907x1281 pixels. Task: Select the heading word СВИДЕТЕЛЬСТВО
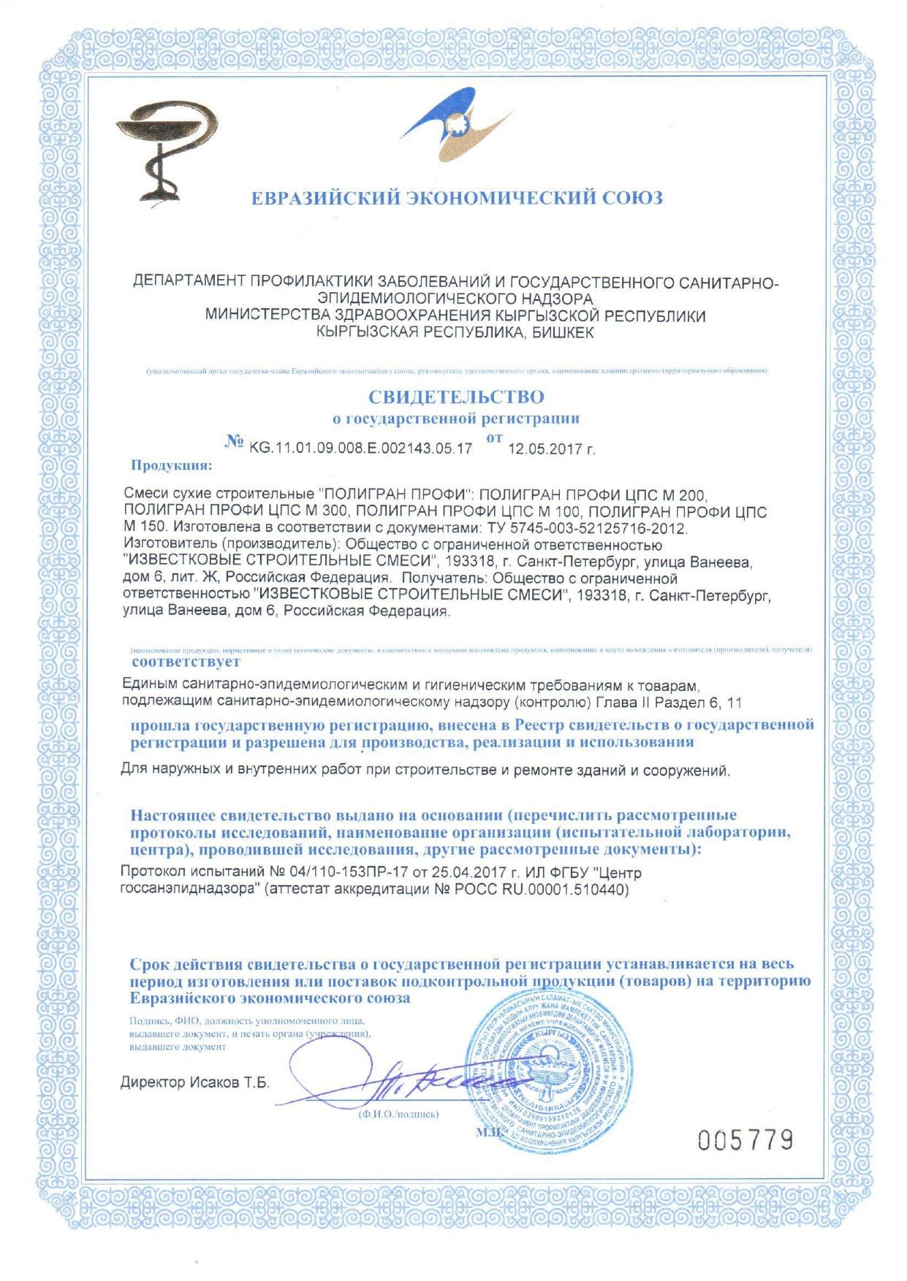456,398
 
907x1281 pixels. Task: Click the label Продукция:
172,465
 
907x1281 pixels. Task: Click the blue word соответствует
186,662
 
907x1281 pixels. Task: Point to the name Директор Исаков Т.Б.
194,1082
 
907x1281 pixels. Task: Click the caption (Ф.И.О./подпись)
398,1114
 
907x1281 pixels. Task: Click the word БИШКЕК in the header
563,333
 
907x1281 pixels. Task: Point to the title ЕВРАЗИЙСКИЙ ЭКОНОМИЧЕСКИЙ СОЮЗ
457,198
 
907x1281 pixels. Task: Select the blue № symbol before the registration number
235,443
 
